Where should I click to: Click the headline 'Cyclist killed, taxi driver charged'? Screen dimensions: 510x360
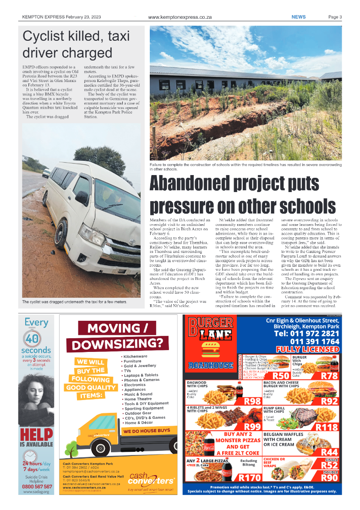[x=76, y=44]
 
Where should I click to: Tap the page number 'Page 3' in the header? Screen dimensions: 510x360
[x=335, y=17]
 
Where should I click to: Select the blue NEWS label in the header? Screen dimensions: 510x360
[x=299, y=17]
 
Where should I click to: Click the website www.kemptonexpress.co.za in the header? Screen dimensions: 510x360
[x=180, y=17]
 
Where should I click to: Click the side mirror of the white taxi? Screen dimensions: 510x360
[x=82, y=198]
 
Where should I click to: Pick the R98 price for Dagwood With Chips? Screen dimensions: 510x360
[x=252, y=401]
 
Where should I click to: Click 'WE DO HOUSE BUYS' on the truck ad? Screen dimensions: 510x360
[x=147, y=431]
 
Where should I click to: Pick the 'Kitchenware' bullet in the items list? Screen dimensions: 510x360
[x=135, y=356]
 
